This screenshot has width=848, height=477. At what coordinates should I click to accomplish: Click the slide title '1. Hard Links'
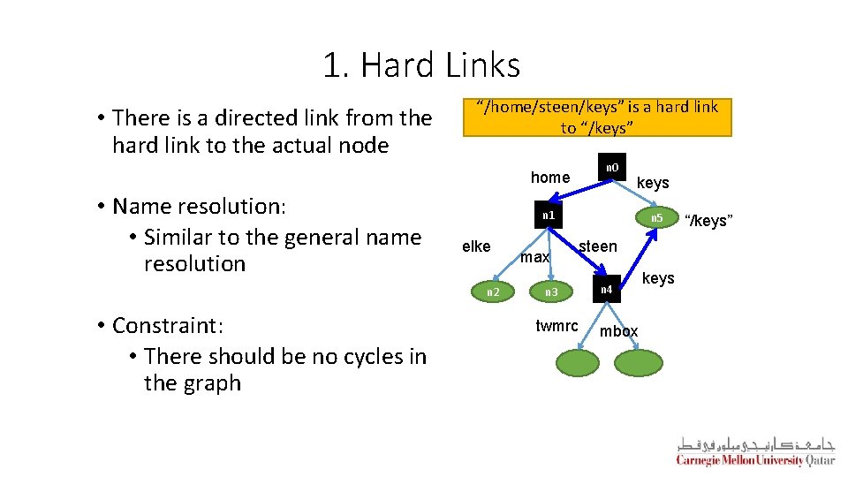421,65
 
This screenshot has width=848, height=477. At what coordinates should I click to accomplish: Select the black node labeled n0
612,168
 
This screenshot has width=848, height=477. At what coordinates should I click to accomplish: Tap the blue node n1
549,216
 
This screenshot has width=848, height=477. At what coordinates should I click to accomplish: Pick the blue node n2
493,291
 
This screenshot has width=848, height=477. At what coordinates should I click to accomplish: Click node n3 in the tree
551,291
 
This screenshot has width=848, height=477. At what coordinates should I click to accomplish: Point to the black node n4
606,290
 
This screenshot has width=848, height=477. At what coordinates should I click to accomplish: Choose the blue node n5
656,218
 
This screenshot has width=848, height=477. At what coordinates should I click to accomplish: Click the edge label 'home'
549,178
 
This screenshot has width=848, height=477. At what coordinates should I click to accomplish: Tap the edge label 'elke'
476,246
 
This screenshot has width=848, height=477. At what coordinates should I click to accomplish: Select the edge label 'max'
534,257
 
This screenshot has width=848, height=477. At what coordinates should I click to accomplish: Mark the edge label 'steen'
597,246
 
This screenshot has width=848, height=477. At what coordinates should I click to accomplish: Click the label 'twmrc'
556,326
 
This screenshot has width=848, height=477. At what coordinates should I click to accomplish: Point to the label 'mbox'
618,331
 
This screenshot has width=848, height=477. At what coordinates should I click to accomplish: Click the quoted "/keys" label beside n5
708,220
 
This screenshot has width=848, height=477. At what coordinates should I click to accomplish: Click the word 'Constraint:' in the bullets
169,326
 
